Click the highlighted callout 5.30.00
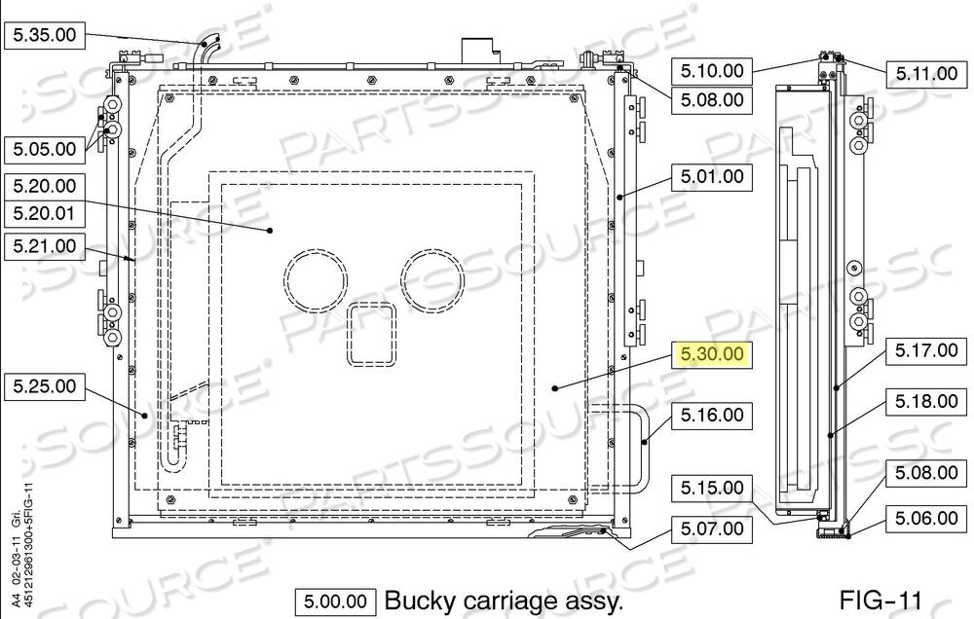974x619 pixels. pos(712,354)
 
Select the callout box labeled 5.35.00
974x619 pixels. pos(44,35)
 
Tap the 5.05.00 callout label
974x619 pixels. pos(44,149)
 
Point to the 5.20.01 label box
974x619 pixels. pos(44,214)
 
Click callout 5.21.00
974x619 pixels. pos(44,246)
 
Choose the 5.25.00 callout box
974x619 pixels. pos(44,386)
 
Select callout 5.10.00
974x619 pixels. pos(712,71)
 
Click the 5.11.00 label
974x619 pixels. pos(926,74)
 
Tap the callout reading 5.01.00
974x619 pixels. pos(712,176)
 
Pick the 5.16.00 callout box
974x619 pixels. pos(712,415)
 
